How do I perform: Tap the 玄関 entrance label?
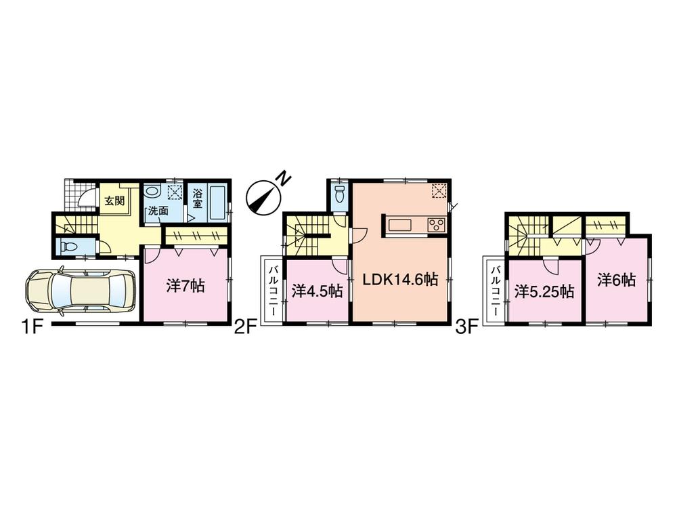[x=113, y=200]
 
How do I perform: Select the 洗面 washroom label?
[x=158, y=211]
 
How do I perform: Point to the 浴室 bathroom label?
[x=197, y=197]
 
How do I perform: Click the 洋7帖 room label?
[x=185, y=287]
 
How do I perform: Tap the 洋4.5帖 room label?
[x=317, y=291]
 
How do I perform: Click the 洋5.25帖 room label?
[x=544, y=291]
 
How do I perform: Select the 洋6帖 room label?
[x=617, y=279]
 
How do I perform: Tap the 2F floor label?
[x=246, y=328]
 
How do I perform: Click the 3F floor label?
[x=467, y=328]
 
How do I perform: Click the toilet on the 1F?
[x=66, y=247]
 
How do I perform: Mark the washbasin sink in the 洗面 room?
[x=152, y=192]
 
